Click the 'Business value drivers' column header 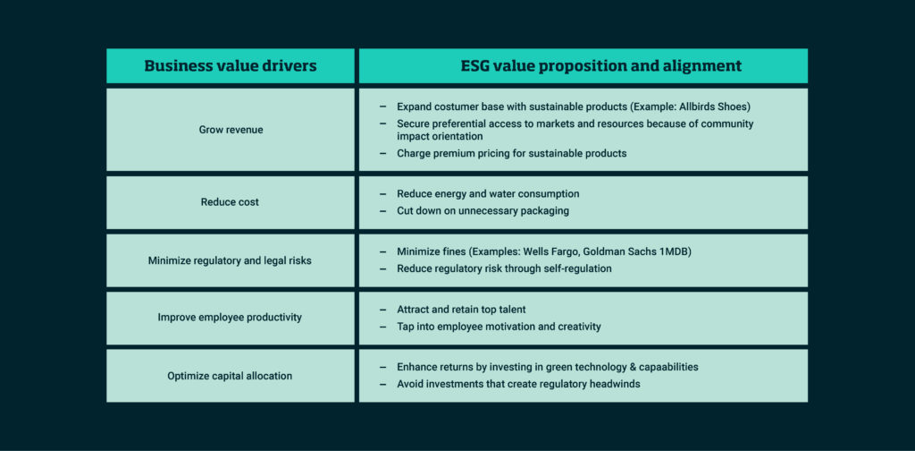pyautogui.click(x=231, y=66)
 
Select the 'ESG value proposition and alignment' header pyautogui.click(x=583, y=66)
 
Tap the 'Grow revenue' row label pyautogui.click(x=231, y=130)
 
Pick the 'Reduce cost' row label pyautogui.click(x=231, y=202)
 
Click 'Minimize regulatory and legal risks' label pyautogui.click(x=231, y=260)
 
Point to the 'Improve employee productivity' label pyautogui.click(x=231, y=318)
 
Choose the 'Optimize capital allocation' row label pyautogui.click(x=231, y=376)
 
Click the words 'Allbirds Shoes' pyautogui.click(x=710, y=106)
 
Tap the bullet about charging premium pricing pyautogui.click(x=511, y=153)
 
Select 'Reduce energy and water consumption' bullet pyautogui.click(x=488, y=193)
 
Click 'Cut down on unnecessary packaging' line pyautogui.click(x=483, y=211)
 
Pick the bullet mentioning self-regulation pyautogui.click(x=504, y=268)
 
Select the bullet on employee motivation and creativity pyautogui.click(x=499, y=327)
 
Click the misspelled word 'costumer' pyautogui.click(x=459, y=106)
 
